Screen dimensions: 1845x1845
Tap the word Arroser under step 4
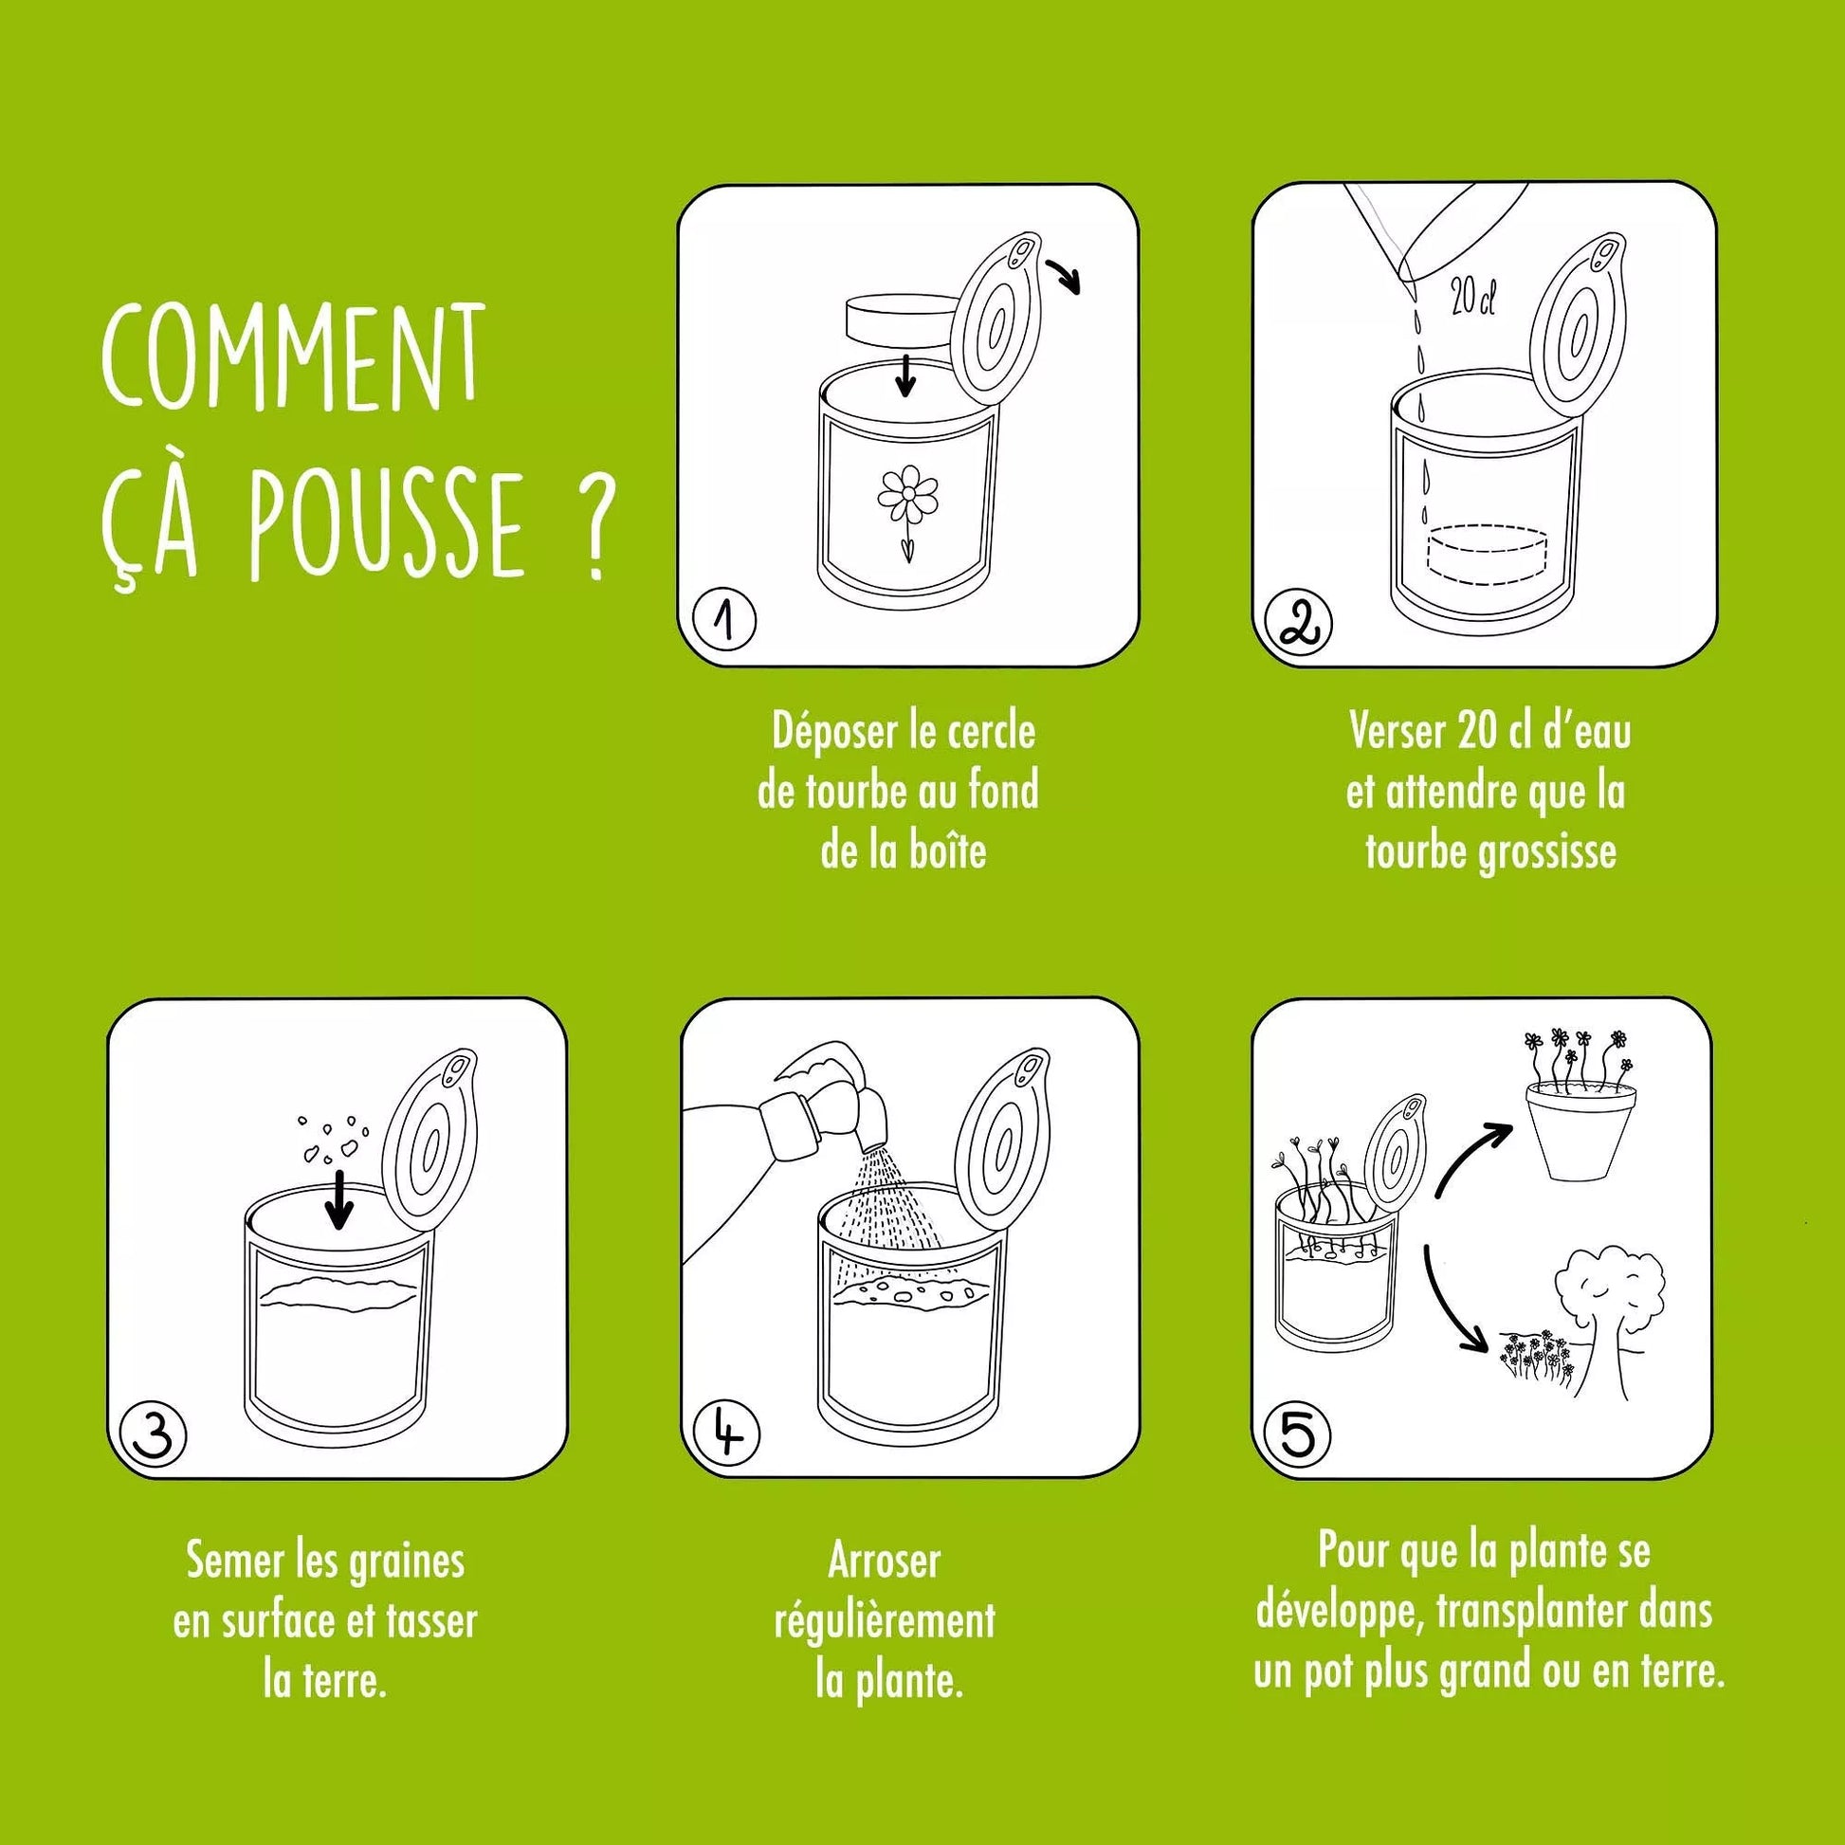(x=885, y=1562)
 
